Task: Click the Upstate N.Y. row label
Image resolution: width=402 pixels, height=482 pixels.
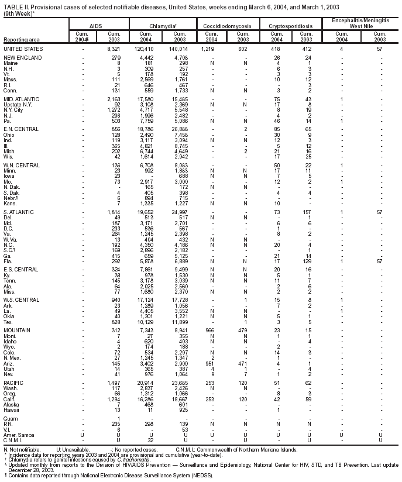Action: point(19,105)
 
